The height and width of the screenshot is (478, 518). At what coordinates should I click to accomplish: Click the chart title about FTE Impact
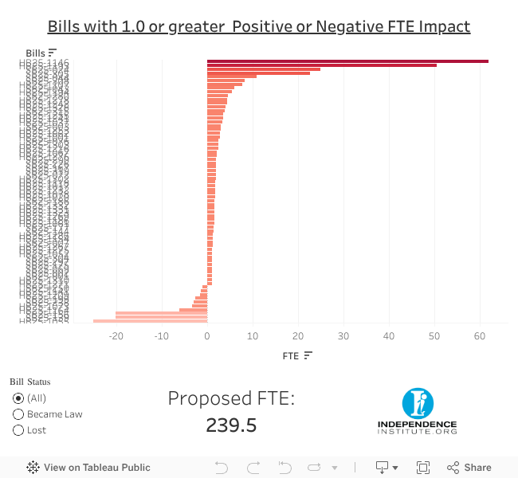(259, 26)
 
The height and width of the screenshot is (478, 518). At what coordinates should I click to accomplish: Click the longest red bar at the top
(347, 61)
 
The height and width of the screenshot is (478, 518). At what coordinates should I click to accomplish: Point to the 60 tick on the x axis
(480, 335)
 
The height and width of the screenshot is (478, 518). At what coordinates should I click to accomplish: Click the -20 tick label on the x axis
(116, 335)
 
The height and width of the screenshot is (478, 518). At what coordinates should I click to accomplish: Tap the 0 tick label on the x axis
(207, 335)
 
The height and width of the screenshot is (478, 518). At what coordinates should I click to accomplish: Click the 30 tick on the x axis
(343, 335)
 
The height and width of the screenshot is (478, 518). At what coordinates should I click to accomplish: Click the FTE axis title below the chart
(290, 356)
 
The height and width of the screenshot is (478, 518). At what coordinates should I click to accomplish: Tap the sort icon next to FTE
(308, 356)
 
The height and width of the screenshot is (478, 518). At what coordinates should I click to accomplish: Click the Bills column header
(36, 53)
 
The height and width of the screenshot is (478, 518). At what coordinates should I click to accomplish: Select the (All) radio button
(18, 398)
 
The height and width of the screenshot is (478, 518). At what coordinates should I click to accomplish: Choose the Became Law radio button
(18, 414)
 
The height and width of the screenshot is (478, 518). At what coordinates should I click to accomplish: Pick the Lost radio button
(18, 430)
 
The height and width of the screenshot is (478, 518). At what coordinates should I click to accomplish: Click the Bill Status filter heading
(29, 382)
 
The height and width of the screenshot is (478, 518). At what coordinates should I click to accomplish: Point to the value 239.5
(231, 425)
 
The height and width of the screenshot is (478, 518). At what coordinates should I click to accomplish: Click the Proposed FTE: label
(231, 398)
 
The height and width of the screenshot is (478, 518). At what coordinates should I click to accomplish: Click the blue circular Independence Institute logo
(417, 404)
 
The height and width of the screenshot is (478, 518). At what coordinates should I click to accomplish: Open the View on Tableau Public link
(88, 468)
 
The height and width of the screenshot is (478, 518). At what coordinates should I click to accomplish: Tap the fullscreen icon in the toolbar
(423, 468)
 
